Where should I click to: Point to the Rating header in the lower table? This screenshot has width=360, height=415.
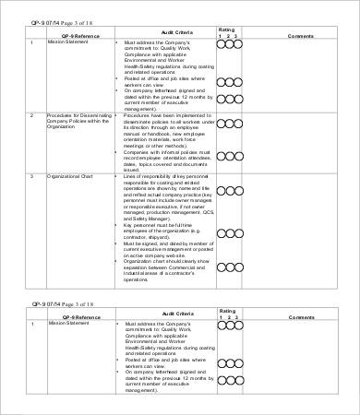(x=227, y=311)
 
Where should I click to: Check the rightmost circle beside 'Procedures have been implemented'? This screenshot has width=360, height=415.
(x=237, y=116)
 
